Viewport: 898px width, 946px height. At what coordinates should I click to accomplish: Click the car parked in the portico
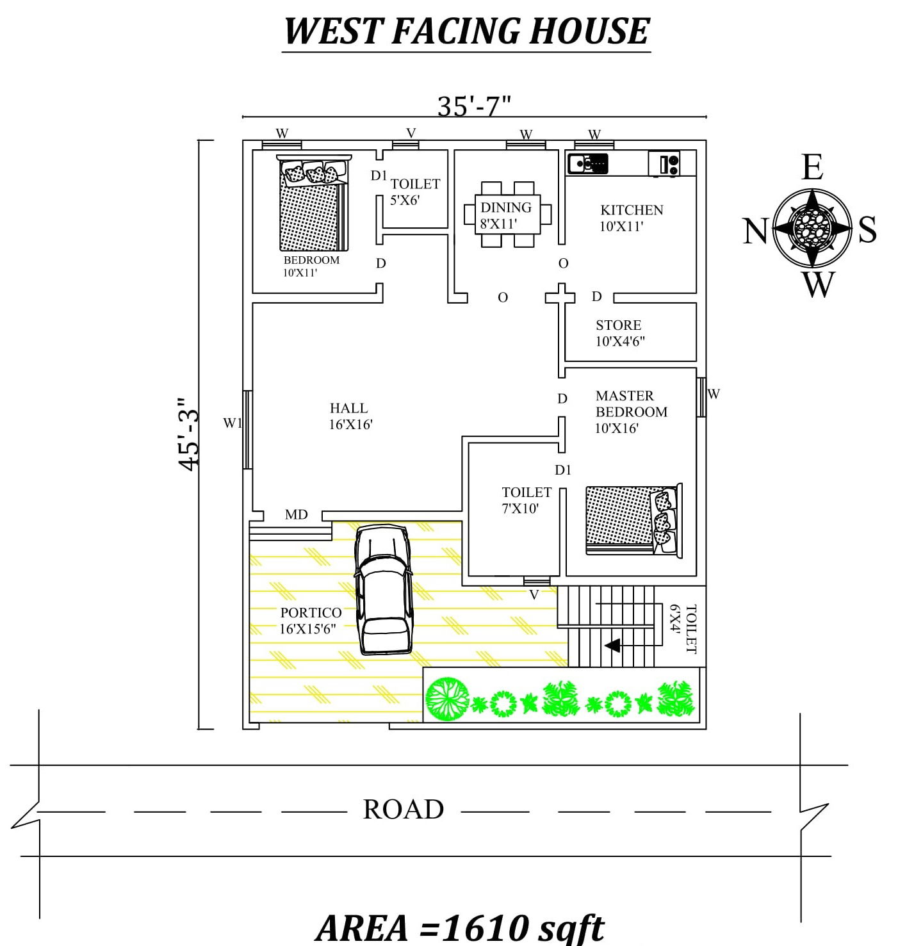(x=383, y=589)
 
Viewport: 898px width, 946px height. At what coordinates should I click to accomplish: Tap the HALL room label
(x=349, y=409)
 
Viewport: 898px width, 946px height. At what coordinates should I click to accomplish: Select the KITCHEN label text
(x=632, y=210)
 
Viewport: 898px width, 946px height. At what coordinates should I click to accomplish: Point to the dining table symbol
(x=507, y=215)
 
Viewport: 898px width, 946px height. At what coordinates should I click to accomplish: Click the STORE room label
(x=618, y=325)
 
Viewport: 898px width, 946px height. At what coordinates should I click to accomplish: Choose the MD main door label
(x=296, y=515)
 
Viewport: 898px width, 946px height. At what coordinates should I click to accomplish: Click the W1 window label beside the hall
(x=232, y=423)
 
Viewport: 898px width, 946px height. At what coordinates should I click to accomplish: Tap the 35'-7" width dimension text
(x=474, y=106)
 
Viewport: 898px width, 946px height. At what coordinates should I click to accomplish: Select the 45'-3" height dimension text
(x=190, y=434)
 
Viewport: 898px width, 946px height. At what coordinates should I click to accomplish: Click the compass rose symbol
(x=812, y=227)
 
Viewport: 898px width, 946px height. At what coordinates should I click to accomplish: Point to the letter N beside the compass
(x=755, y=231)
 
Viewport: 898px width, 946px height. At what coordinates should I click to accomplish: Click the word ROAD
(x=404, y=810)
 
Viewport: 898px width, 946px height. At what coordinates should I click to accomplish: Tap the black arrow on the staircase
(x=612, y=645)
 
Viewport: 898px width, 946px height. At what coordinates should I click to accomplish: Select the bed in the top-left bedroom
(x=313, y=204)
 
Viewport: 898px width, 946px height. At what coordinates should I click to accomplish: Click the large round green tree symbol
(x=447, y=699)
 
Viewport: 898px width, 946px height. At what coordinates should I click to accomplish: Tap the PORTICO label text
(x=311, y=613)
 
